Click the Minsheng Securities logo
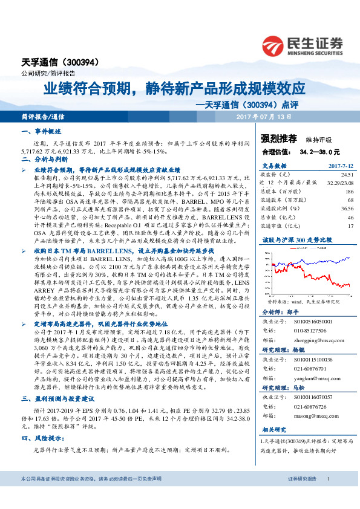[303, 45]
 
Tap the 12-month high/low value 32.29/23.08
[339, 182]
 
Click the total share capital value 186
[349, 190]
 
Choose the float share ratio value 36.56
[347, 207]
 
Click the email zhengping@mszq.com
[316, 340]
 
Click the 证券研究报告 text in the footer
[302, 496]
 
